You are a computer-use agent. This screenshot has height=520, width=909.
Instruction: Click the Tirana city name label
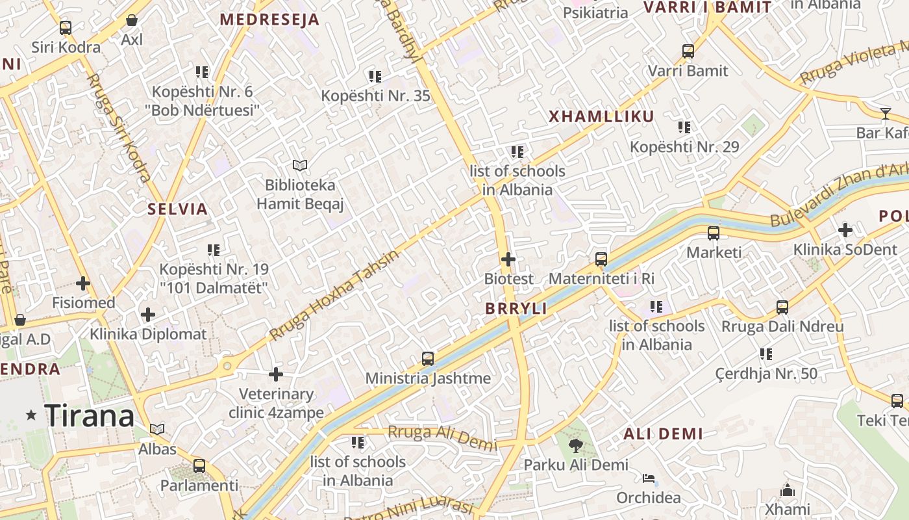89,416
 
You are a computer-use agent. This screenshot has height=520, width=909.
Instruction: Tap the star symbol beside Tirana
31,415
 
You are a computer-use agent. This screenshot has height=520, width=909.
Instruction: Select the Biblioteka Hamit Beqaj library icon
299,165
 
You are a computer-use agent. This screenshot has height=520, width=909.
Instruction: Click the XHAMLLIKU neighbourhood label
601,117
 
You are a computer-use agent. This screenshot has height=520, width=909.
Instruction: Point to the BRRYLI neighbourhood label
516,309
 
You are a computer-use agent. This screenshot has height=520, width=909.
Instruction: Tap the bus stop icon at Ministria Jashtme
428,358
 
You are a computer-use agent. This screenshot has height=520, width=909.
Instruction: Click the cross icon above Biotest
508,259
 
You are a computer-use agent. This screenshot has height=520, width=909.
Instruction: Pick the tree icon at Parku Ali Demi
575,445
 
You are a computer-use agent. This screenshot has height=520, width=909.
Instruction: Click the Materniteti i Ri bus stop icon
601,259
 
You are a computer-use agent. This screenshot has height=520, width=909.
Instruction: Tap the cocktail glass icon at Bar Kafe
886,113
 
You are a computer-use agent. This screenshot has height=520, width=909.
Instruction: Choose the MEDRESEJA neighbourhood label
269,19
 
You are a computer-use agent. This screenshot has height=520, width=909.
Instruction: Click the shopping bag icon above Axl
132,20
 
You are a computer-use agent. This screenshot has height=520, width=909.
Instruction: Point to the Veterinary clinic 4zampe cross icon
276,374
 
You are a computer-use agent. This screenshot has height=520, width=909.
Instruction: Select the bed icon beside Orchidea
649,479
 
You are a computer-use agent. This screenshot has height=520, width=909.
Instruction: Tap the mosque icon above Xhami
788,489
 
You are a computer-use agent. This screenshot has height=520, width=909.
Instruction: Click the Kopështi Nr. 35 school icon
375,77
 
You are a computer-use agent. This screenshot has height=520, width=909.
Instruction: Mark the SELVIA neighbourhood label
177,209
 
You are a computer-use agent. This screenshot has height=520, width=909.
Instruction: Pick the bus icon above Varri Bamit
688,51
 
